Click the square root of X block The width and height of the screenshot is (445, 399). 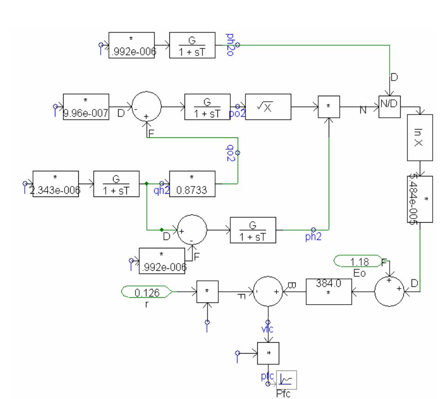tap(268, 108)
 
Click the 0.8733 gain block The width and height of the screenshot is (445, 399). tap(192, 184)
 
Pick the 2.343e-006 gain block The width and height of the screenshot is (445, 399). tap(56, 184)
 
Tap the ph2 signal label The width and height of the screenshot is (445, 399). tap(314, 235)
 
